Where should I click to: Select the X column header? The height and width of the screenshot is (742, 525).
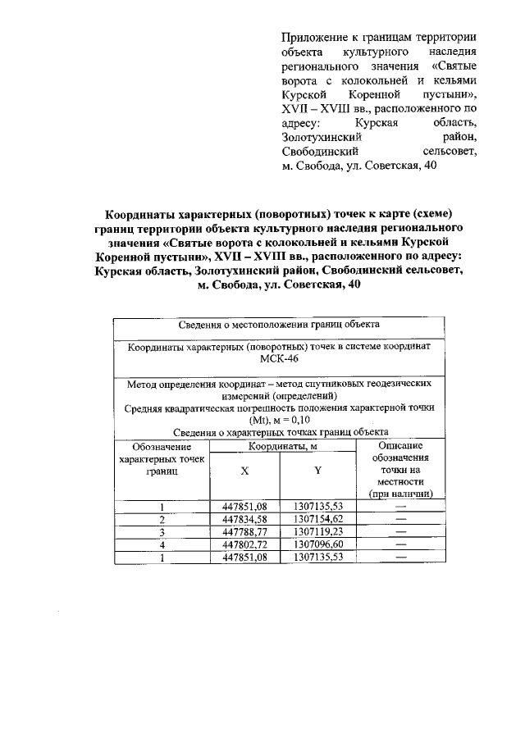(x=244, y=471)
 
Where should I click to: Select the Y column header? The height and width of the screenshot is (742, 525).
(x=317, y=471)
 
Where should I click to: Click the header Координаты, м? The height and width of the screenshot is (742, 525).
(x=282, y=446)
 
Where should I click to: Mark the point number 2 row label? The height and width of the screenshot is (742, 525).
(x=162, y=519)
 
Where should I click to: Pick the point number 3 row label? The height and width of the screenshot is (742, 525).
(x=162, y=531)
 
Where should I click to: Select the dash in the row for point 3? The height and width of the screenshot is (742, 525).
(x=400, y=531)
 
